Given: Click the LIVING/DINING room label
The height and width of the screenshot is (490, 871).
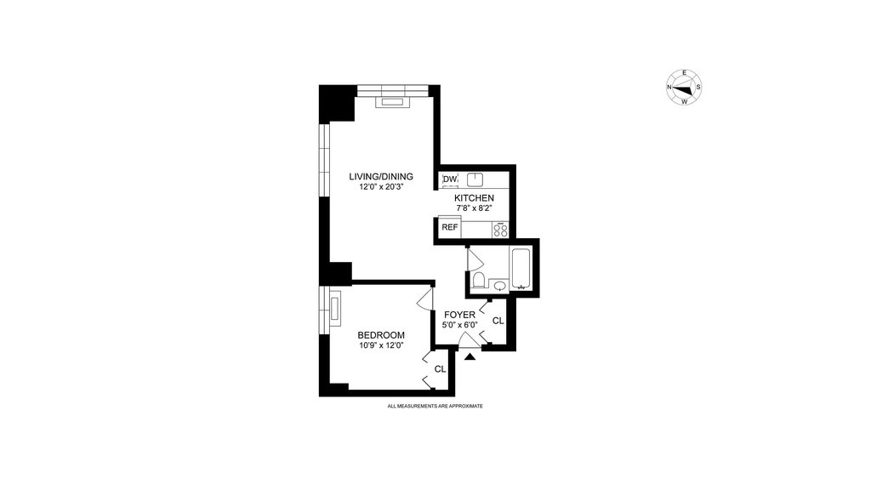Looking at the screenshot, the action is pos(381,177).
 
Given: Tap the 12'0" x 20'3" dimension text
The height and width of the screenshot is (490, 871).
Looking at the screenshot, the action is pos(380,187).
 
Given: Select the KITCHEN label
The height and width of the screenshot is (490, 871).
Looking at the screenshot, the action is pos(474,198).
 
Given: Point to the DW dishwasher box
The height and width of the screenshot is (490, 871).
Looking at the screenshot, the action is pos(450,179).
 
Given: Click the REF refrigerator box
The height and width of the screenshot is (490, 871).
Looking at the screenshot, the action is pos(450,227).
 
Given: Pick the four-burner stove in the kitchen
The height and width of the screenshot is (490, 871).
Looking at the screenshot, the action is pos(500,230).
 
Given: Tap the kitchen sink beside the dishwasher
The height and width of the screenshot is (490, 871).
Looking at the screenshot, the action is pos(475,179).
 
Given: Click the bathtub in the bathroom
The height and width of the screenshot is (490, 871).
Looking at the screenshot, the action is pos(521,269).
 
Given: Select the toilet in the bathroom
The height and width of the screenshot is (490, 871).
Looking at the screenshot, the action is pos(478,279).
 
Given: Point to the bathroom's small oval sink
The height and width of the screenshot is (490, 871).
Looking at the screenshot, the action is pos(500,286).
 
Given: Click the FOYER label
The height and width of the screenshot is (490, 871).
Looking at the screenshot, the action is pos(459,315).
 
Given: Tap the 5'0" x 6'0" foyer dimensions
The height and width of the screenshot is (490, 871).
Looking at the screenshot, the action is pos(460,325).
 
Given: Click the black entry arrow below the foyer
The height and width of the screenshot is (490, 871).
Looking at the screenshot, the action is pos(470,356).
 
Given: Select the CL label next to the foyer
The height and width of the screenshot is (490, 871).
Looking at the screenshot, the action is pos(498,321).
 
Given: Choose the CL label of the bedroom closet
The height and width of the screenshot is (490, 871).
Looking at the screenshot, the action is pos(440,369).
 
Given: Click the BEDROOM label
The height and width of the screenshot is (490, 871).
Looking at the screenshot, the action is pos(381,335).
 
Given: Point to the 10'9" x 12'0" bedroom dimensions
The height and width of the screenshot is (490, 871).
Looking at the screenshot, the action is pos(381,345).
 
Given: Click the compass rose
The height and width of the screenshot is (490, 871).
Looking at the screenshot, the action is pos(684,88).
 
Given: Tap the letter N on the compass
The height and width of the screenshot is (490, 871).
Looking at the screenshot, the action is pos(669,88).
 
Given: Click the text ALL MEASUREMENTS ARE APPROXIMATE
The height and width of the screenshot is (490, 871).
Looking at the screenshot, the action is pos(435,406).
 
